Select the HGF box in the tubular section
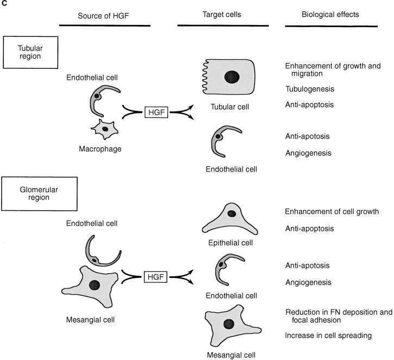click(157, 112)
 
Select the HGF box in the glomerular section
click(157, 277)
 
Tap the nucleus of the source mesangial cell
click(96, 285)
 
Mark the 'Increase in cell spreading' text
click(328, 336)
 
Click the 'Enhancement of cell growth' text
click(332, 211)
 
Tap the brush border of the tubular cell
click(202, 77)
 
